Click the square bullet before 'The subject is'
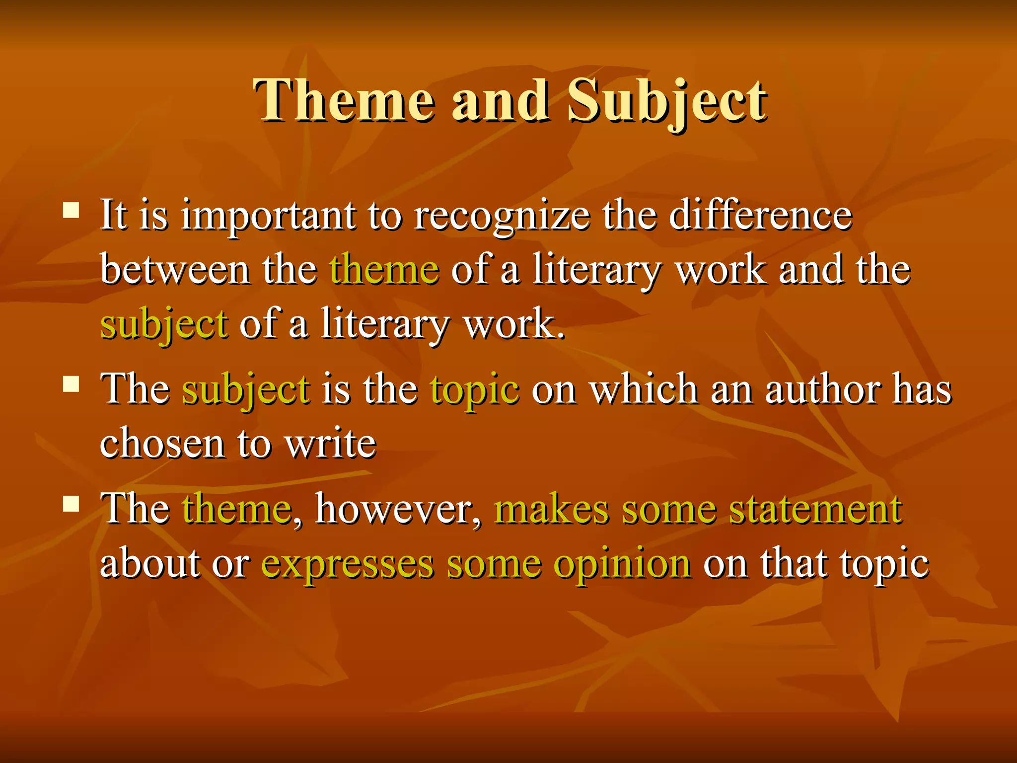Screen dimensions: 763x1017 pos(72,384)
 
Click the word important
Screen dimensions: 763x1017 pos(268,217)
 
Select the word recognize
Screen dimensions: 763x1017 pos(502,217)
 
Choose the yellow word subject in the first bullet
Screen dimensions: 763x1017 pos(164,325)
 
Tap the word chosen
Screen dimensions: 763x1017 pos(162,443)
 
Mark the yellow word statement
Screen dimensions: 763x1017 pos(815,510)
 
